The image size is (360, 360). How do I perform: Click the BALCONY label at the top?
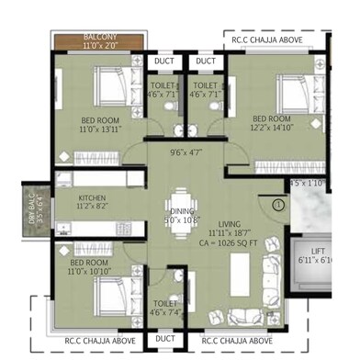tap(101, 34)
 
